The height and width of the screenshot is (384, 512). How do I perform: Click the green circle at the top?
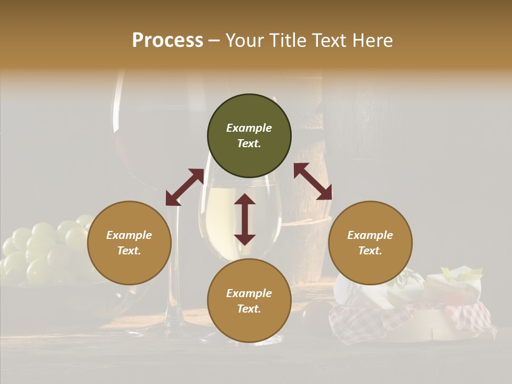click(249, 136)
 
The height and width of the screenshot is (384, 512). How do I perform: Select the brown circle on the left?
click(129, 243)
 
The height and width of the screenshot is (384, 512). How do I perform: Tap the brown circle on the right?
click(370, 243)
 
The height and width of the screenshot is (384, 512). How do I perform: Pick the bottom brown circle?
click(249, 301)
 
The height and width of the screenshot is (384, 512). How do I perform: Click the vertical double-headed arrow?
click(245, 219)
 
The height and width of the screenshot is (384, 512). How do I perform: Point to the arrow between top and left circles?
click(185, 187)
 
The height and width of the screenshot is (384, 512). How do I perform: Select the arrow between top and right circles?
click(313, 181)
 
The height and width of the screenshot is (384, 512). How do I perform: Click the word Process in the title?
click(167, 40)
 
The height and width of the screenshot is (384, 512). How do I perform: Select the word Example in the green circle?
click(249, 128)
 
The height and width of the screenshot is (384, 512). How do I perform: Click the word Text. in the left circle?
click(129, 251)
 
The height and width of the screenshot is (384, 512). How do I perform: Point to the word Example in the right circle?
click(370, 235)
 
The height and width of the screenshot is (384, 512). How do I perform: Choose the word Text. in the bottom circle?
click(249, 309)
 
